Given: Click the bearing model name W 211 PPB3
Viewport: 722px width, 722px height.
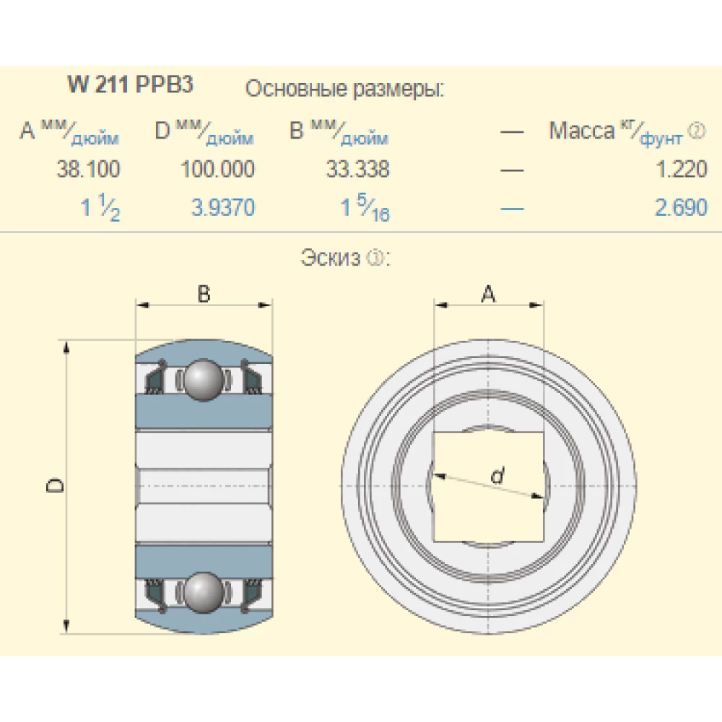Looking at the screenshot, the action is [130, 84].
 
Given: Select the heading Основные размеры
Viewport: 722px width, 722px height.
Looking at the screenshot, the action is [345, 88].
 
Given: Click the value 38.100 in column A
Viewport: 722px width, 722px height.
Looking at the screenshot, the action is [88, 169].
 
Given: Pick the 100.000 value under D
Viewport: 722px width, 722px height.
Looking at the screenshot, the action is [217, 169].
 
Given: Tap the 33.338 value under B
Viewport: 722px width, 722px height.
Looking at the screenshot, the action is [358, 169].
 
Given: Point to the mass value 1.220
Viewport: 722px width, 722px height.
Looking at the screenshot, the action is [682, 169].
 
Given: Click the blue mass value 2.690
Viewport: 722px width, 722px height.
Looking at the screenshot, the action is [682, 207].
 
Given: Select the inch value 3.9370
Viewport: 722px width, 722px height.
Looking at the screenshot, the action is [223, 207].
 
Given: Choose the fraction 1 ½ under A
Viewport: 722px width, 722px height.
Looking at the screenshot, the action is [100, 207].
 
